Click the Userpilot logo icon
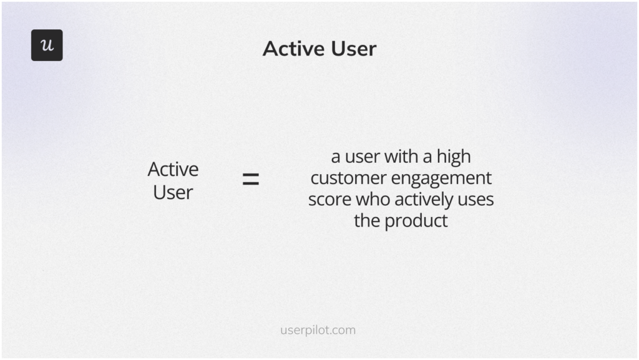pos(47,45)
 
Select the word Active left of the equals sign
pos(173,169)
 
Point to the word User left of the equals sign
pos(173,192)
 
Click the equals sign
pos(250,180)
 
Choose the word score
pos(329,200)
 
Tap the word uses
pos(477,200)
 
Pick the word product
pos(416,221)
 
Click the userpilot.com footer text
pos(318,330)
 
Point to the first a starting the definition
pos(335,157)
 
